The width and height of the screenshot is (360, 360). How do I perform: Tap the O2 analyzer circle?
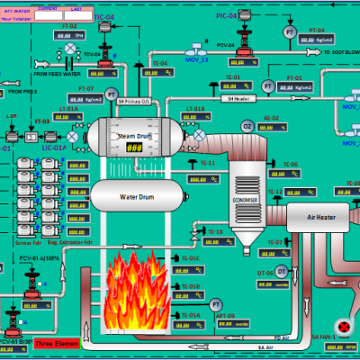(247, 127)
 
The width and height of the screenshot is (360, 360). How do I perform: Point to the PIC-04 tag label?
(227, 16)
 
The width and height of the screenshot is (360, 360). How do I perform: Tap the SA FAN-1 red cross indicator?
(342, 325)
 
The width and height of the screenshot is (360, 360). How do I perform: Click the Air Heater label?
(321, 216)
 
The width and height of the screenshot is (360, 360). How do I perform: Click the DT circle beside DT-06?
(281, 271)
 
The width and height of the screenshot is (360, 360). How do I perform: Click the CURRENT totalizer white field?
(49, 15)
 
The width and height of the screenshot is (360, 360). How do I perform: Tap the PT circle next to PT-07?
(112, 94)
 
